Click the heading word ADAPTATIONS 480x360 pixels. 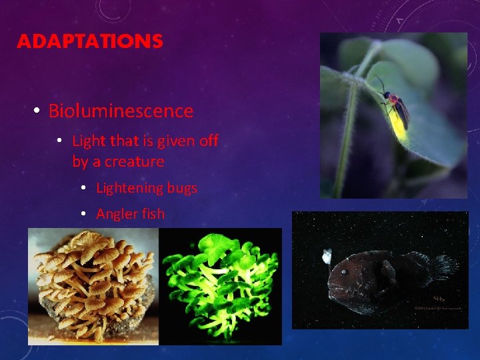(89, 41)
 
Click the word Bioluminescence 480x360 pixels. (121, 111)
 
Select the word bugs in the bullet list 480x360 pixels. (183, 188)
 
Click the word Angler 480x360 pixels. (117, 213)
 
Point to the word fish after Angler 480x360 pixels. (153, 213)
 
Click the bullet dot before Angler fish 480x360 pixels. (83, 214)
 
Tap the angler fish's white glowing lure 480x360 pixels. (327, 255)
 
